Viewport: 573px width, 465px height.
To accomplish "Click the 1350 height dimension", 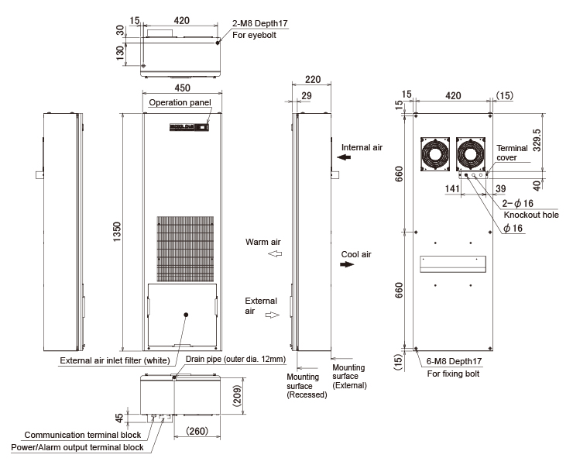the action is coord(117,232).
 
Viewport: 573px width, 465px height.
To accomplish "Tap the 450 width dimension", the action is coord(182,88).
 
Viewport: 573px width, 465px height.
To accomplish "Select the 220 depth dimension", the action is coord(313,79).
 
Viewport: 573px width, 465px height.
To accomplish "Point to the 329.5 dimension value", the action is coord(537,139).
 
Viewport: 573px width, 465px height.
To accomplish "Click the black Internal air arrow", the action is coord(344,157).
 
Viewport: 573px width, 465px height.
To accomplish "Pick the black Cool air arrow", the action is coord(347,264).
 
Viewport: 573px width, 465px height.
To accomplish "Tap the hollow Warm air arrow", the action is coord(275,253).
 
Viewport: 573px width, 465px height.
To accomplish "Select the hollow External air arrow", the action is coord(273,315).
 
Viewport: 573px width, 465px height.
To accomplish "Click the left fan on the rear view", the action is coord(435,154).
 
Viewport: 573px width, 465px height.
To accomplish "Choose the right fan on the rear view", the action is coord(471,154).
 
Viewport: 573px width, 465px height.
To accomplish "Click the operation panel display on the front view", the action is coord(203,127).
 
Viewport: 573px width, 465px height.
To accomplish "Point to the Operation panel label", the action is coord(180,102).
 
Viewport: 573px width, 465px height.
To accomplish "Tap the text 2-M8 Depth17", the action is coord(260,23).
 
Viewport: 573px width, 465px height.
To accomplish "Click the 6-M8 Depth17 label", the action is coord(455,361).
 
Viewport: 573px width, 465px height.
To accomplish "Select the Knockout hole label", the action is coord(531,215).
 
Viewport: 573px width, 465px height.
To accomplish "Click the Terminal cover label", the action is coord(512,153).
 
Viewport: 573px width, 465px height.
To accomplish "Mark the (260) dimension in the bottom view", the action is coord(197,431).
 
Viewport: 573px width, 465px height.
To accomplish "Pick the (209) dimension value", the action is coord(237,396).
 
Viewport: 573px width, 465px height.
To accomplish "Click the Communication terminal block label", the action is coord(83,435).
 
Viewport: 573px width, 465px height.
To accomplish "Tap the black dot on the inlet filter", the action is coord(186,315).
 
